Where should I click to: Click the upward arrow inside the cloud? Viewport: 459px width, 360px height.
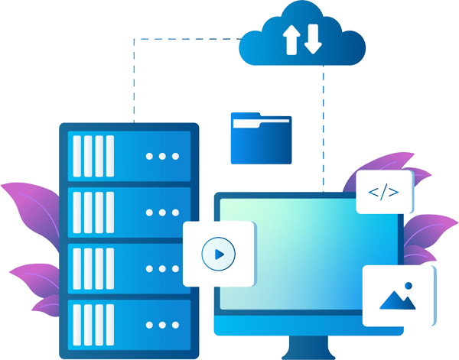[291, 39]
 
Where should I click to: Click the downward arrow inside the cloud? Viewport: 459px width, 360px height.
[313, 39]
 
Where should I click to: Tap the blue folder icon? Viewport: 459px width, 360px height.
[261, 140]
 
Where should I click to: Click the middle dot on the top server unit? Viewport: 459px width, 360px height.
[161, 156]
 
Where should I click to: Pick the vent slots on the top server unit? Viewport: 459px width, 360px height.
[93, 156]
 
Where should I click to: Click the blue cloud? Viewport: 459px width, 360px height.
[303, 42]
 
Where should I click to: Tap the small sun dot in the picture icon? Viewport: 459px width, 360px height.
[409, 286]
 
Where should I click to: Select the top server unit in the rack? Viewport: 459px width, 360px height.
[129, 156]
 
